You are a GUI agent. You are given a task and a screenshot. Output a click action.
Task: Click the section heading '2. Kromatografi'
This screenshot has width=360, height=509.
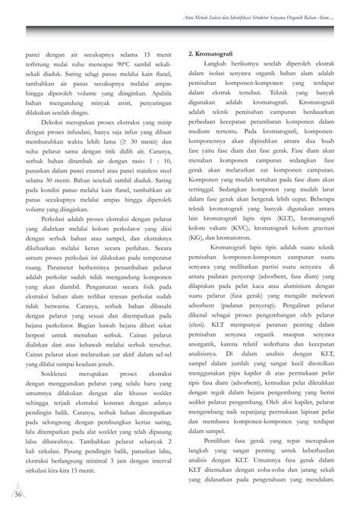211,56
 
